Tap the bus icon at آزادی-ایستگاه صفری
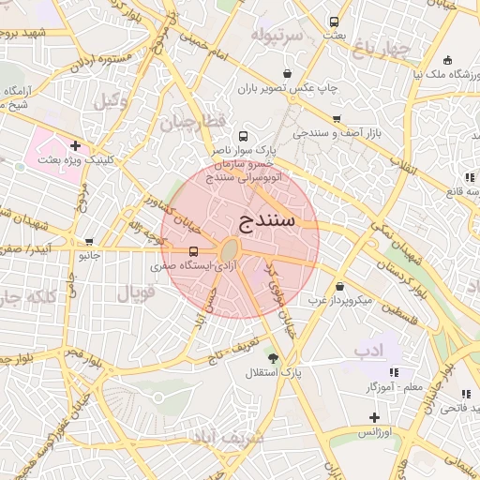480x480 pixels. pyautogui.click(x=193, y=251)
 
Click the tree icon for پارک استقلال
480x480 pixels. pyautogui.click(x=273, y=359)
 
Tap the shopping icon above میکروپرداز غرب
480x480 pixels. pyautogui.click(x=338, y=286)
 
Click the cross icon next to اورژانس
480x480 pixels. pyautogui.click(x=374, y=417)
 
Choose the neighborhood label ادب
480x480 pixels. pyautogui.click(x=369, y=350)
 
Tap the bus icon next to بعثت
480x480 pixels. pyautogui.click(x=335, y=22)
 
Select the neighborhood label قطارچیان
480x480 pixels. pyautogui.click(x=193, y=122)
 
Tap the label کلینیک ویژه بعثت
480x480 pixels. pyautogui.click(x=75, y=160)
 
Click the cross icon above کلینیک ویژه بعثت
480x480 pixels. pyautogui.click(x=75, y=145)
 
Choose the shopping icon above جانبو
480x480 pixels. pyautogui.click(x=89, y=241)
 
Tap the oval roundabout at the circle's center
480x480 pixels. pyautogui.click(x=229, y=250)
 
